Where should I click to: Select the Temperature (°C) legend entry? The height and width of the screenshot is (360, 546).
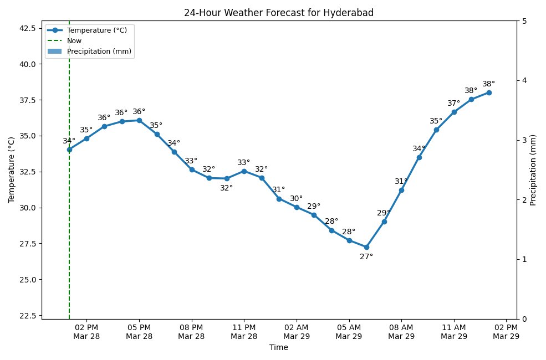tap(96, 30)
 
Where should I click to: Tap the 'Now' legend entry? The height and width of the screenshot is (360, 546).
tap(74, 40)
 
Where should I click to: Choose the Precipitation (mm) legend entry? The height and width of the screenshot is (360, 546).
tap(99, 51)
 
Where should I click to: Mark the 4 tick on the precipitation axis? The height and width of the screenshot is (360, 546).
tap(524, 81)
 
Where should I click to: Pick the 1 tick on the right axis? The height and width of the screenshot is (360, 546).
tap(524, 259)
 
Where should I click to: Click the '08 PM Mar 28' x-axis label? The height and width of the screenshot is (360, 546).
tap(192, 331)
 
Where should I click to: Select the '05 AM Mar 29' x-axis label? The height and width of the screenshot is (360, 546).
tap(349, 331)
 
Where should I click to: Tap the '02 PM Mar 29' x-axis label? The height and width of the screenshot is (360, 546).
tap(506, 331)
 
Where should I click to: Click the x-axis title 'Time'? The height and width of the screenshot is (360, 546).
tap(278, 348)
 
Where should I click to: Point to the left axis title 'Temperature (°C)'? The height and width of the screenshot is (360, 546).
tap(11, 170)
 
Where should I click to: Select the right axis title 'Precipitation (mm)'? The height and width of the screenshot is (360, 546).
tap(533, 170)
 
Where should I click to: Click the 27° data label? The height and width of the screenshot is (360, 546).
tap(366, 257)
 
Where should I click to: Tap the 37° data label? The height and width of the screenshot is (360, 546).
tap(454, 104)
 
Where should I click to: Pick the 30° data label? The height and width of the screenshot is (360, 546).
tap(297, 199)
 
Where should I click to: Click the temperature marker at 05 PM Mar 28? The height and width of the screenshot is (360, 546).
tap(139, 120)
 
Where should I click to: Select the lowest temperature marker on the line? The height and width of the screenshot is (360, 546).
tap(366, 247)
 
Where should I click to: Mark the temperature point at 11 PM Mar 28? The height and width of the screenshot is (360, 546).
tap(244, 171)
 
